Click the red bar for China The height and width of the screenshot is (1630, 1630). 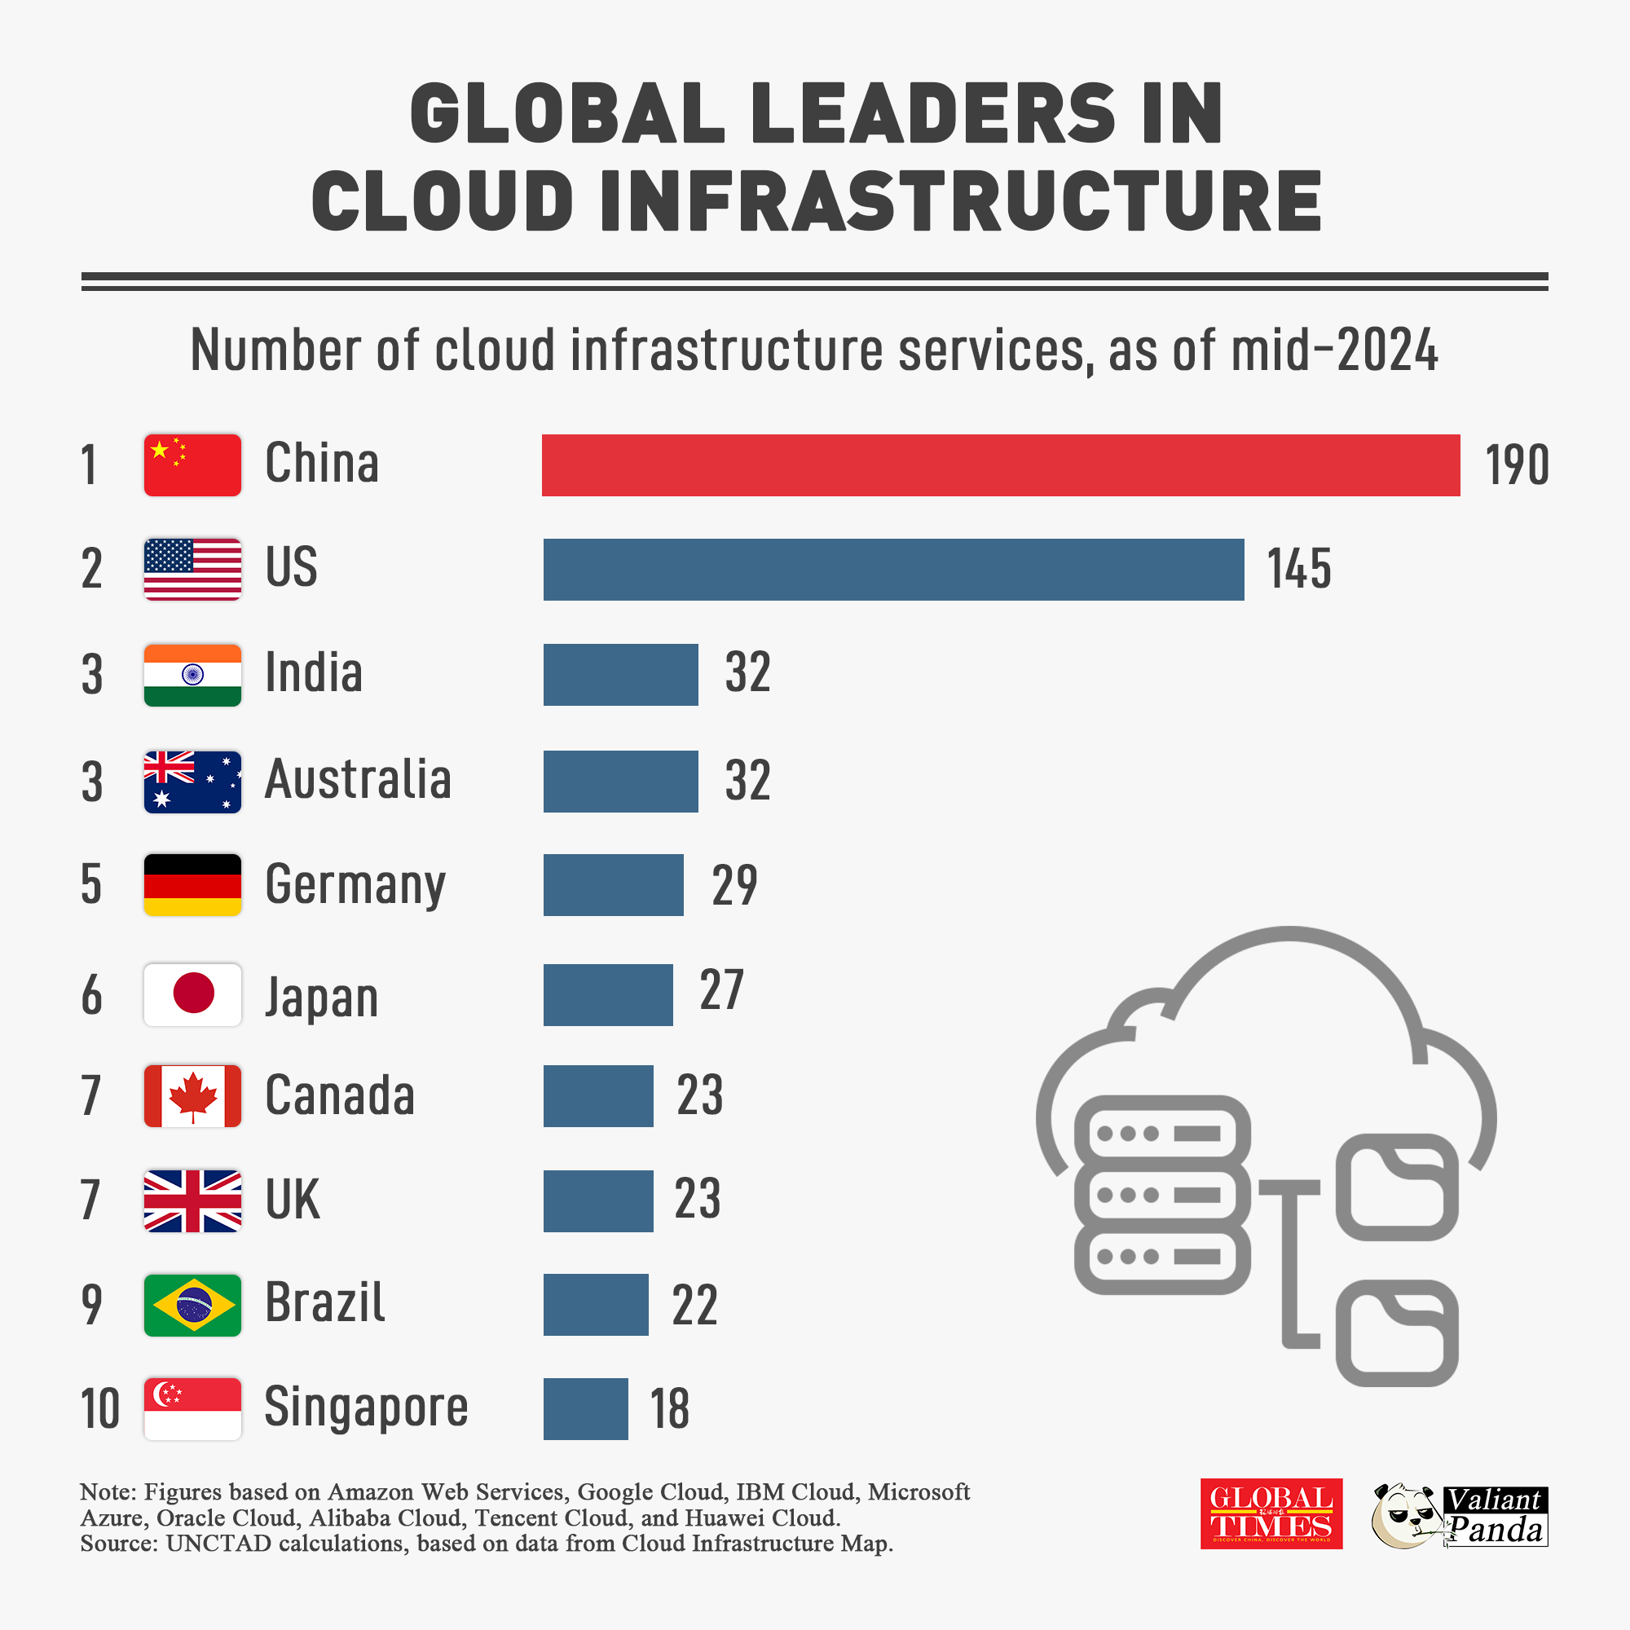pos(1000,465)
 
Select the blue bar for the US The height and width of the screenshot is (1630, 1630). pos(892,570)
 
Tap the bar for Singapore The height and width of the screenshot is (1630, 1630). pos(585,1408)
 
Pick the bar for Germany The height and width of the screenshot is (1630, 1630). pos(613,884)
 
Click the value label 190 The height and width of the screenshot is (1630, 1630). pos(1516,465)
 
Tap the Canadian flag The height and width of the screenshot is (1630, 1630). pos(192,1095)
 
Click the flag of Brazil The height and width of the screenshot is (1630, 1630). pos(192,1304)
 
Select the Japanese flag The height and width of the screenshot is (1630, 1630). pos(192,993)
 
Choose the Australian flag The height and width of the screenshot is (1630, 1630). pos(192,782)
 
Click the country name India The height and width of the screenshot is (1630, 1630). pos(314,673)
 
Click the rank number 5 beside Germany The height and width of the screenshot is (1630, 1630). pos(91,884)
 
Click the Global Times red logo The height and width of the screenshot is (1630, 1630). pos(1271,1513)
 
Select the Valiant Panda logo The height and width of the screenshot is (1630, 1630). pos(1460,1515)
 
